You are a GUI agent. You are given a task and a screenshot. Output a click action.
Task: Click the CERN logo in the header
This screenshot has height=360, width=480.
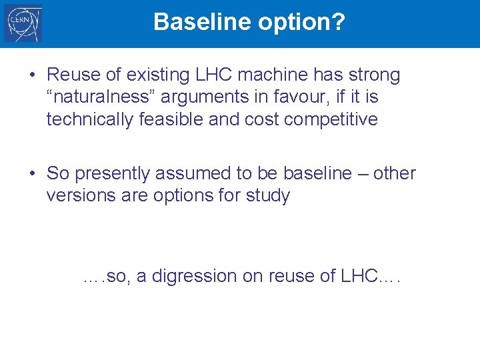coord(23,23)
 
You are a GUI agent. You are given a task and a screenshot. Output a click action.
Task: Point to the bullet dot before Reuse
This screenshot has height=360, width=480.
coord(32,75)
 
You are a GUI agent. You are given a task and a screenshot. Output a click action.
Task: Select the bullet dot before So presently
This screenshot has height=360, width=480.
coord(32,174)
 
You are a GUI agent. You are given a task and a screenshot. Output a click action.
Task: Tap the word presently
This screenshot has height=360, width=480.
coord(113,174)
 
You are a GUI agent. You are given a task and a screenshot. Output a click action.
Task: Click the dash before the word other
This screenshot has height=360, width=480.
coord(362,174)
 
